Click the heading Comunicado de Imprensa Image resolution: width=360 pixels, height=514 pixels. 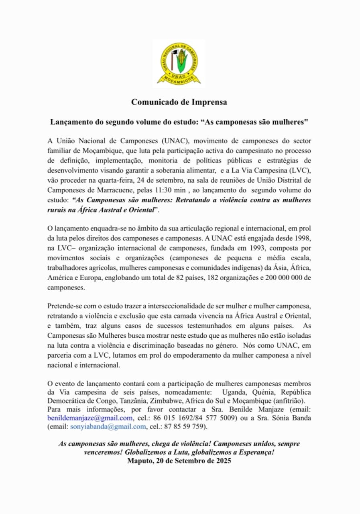(179, 102)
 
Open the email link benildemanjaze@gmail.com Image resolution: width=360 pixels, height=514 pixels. (90, 419)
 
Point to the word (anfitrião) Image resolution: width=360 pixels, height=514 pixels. (289, 401)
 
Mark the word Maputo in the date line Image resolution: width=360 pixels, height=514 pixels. (139, 461)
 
